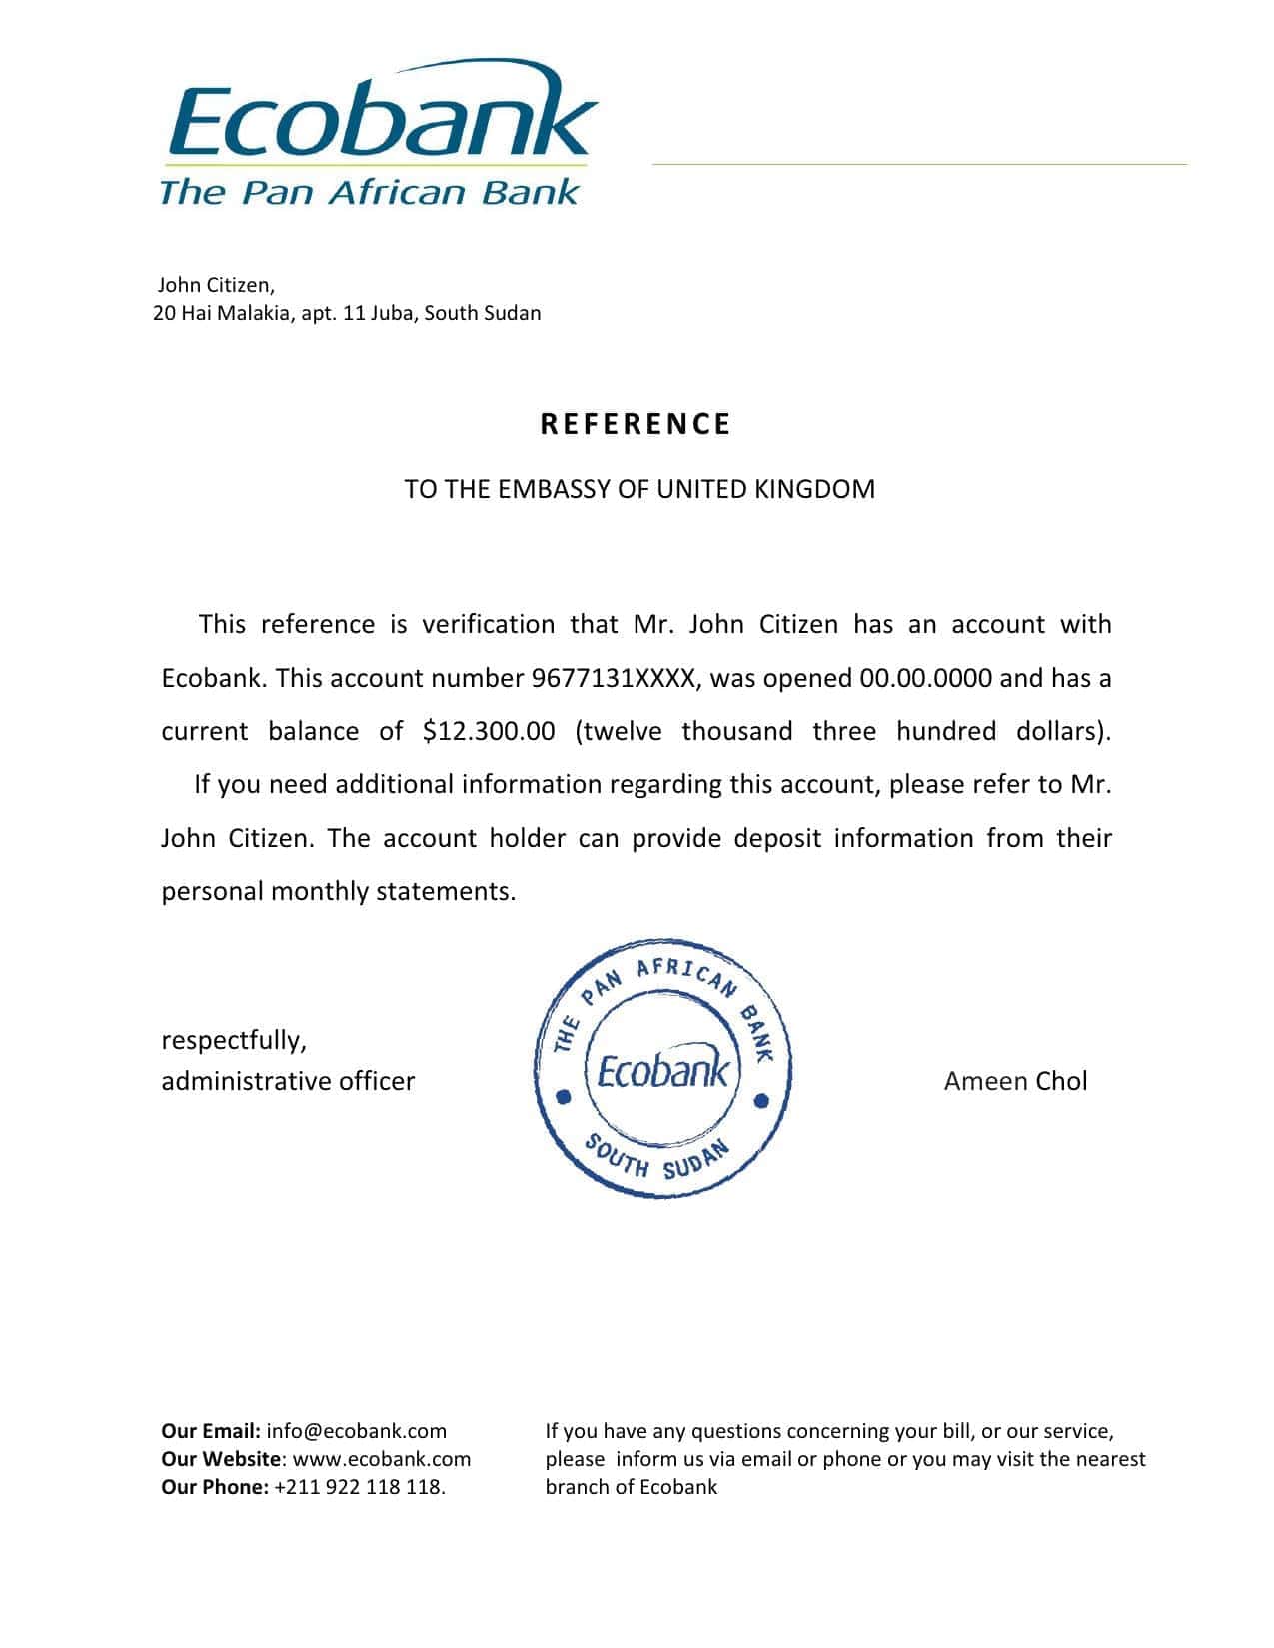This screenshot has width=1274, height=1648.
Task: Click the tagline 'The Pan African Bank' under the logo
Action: (x=369, y=191)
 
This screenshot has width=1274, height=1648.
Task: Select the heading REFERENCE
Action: (x=636, y=424)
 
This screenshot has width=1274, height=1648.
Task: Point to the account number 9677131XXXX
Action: (x=613, y=678)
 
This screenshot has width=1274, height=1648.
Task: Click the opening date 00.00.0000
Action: (x=925, y=678)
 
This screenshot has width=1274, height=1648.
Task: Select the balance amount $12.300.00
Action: (x=489, y=731)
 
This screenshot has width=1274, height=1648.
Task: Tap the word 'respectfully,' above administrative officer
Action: (x=234, y=1040)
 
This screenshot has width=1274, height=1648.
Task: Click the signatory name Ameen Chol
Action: (x=1015, y=1080)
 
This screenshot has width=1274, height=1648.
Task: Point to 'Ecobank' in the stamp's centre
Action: (x=663, y=1073)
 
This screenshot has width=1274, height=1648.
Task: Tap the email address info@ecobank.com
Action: (x=357, y=1431)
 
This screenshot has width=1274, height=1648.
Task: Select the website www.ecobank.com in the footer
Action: (x=382, y=1459)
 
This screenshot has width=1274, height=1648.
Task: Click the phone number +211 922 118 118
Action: (x=359, y=1487)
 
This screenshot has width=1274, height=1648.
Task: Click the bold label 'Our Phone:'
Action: (x=214, y=1487)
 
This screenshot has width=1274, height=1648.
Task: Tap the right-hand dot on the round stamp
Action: (x=761, y=1101)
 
